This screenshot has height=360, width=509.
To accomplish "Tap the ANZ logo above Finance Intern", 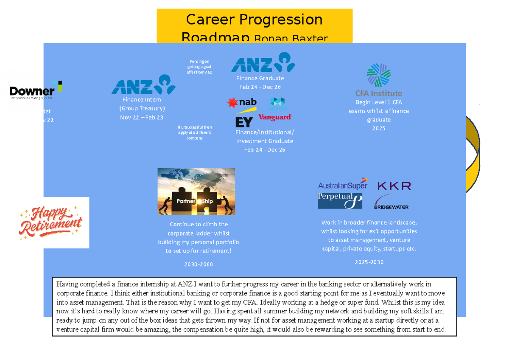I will coord(143,85).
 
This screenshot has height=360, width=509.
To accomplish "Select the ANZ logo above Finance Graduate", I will coord(263,62).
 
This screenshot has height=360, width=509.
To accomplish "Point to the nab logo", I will coord(242,103).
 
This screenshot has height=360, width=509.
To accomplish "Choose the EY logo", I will coord(244,122).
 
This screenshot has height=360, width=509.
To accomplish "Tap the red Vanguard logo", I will coord(275,117).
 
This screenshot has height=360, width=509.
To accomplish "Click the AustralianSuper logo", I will coord(342,185).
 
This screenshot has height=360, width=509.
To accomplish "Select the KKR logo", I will coord(394,186).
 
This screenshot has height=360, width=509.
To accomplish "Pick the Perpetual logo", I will coord(340,200).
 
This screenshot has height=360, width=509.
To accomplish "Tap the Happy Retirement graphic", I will coord(54,222).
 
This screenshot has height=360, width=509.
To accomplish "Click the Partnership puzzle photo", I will coord(196,191).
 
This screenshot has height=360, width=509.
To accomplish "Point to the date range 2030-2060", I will coord(199,264).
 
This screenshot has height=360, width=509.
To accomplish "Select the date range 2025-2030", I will coord(369,262).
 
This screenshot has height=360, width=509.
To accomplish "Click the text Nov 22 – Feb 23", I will coord(142,118).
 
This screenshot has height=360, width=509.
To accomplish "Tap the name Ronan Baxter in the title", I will coord(291,39).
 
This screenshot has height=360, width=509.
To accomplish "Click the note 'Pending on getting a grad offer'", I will coord(199,67).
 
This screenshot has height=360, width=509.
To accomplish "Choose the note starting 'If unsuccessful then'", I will coord(195,132).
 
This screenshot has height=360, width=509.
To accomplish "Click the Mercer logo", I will coord(278,103).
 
